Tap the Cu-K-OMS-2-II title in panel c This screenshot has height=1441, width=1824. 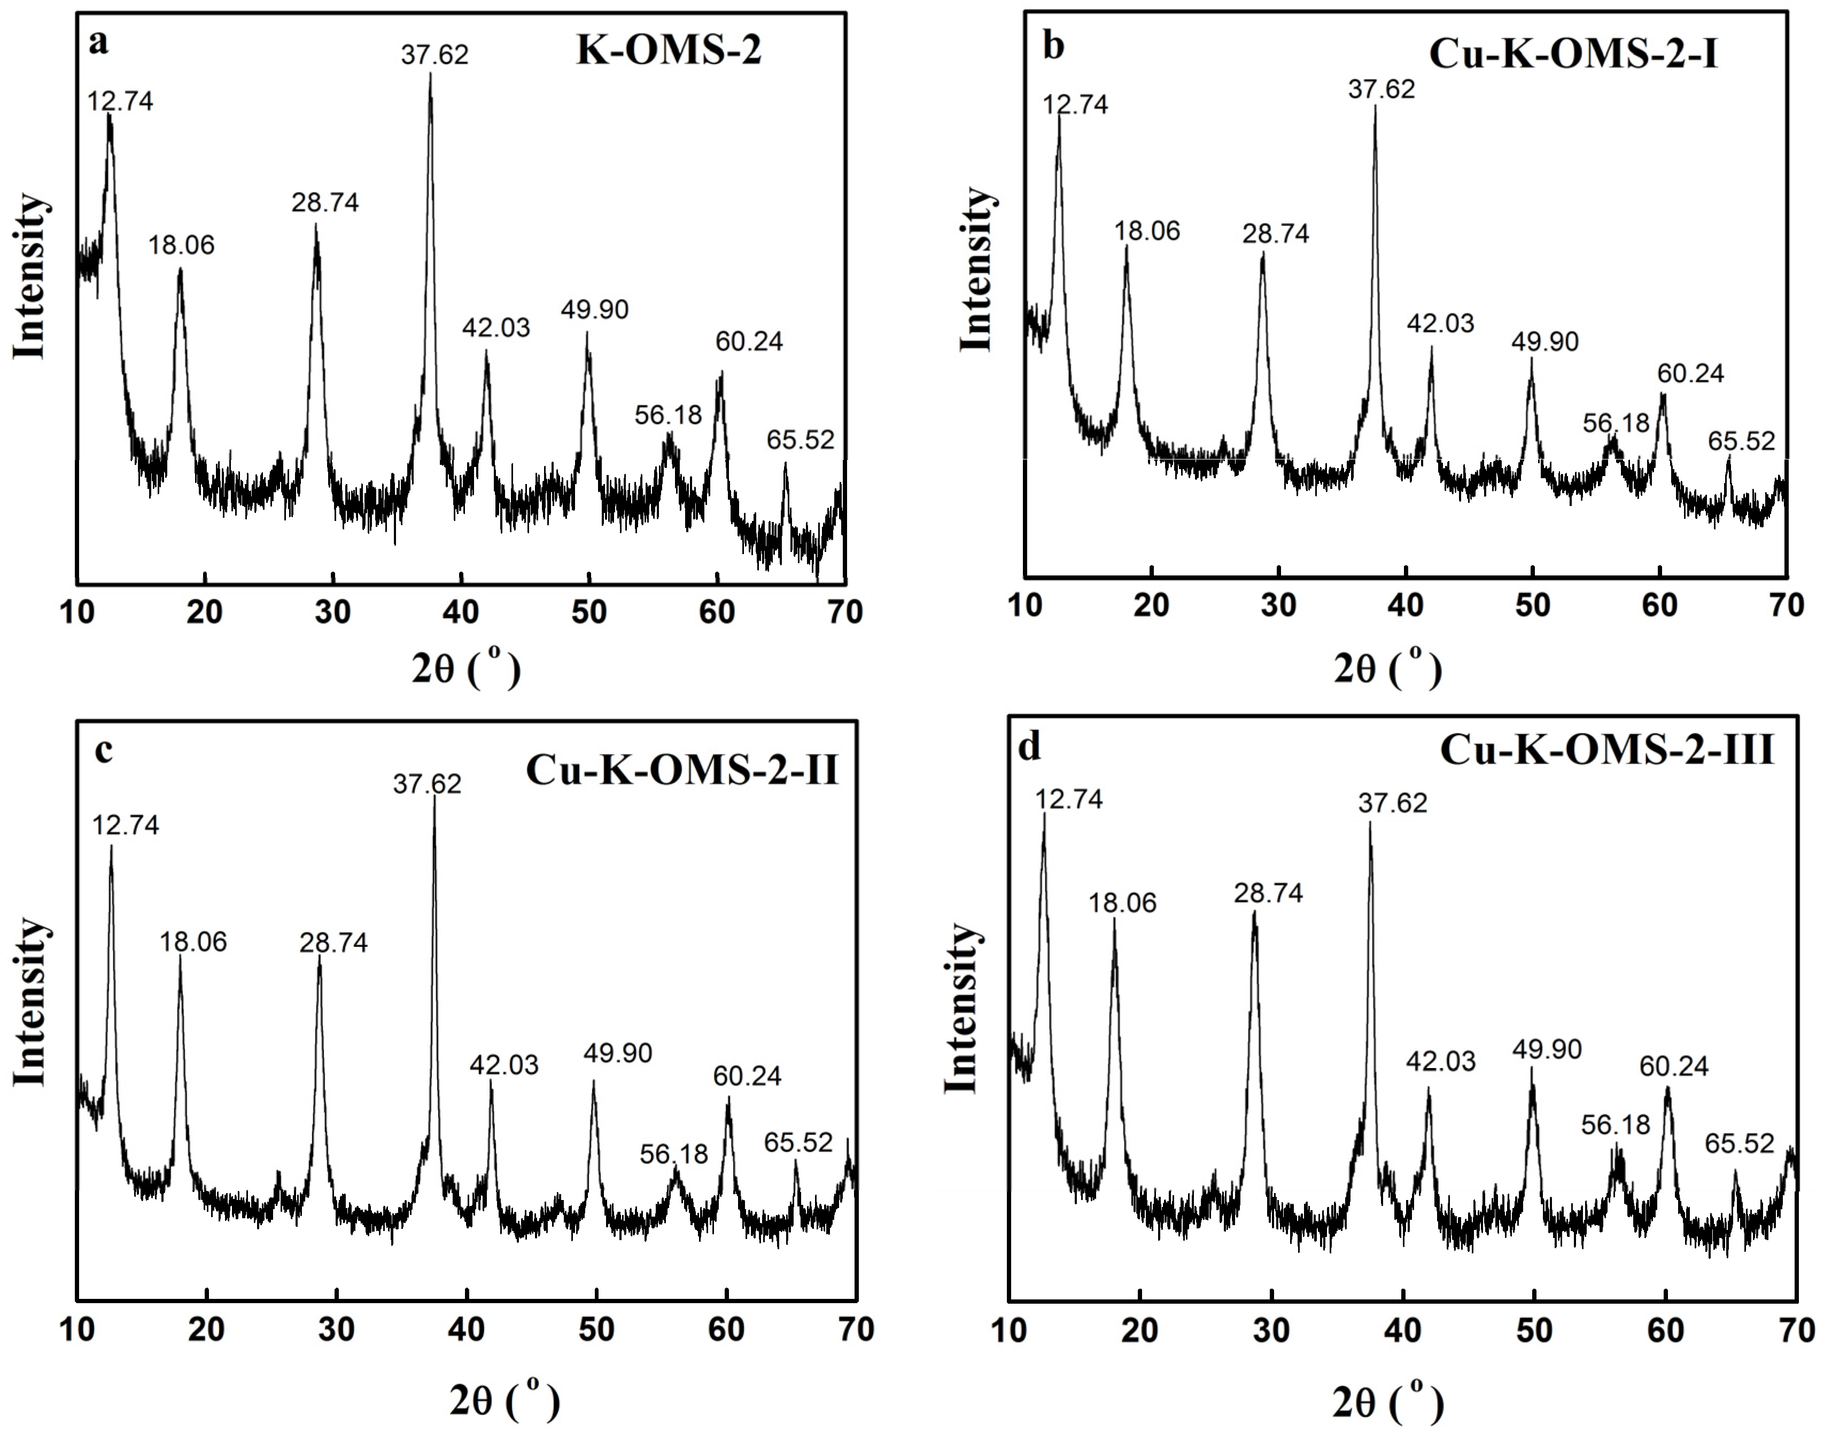pos(682,769)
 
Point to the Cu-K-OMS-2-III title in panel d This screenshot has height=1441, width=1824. pos(1606,749)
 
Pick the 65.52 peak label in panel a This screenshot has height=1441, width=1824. pos(800,440)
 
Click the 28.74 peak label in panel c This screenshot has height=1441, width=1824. pos(333,943)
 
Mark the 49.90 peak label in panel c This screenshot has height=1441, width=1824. pos(618,1053)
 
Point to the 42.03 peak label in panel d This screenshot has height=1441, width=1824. pos(1440,1061)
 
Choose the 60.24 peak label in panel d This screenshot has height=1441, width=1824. pos(1674,1066)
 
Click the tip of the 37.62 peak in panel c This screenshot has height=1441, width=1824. pos(434,797)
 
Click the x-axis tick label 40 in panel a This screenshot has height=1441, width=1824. pos(461,612)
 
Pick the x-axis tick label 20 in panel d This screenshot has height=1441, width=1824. pos(1140,1330)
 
